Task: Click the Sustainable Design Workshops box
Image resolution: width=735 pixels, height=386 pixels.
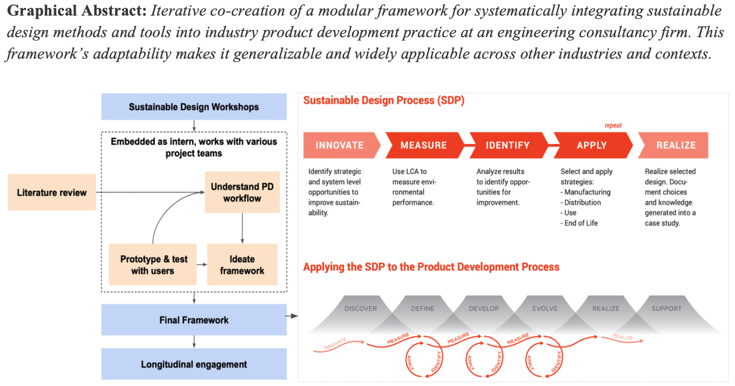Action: click(194, 107)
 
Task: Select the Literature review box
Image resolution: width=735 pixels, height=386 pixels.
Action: click(52, 193)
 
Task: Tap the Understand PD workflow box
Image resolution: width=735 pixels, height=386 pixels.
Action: click(242, 193)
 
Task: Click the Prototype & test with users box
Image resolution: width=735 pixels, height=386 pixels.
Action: click(153, 265)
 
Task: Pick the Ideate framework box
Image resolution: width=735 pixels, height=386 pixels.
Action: click(242, 265)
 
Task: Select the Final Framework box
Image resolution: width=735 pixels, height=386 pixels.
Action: click(194, 320)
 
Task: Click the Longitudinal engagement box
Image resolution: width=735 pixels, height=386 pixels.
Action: click(194, 364)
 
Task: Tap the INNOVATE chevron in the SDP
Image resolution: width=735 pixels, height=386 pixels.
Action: click(340, 145)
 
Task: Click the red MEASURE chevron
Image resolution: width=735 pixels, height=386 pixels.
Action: click(423, 145)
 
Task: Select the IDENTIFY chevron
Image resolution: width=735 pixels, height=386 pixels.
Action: click(507, 145)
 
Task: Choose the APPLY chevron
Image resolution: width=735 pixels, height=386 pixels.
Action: click(591, 145)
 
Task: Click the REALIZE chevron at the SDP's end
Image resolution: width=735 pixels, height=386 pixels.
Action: click(675, 145)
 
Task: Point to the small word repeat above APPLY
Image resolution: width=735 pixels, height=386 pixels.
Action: click(613, 126)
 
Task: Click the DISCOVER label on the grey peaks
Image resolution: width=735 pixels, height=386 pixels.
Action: click(361, 309)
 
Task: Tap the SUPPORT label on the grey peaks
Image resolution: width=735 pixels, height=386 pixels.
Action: click(666, 309)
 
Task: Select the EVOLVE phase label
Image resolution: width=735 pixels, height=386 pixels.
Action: click(545, 309)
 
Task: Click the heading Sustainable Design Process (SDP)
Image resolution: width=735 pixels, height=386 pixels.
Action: click(384, 100)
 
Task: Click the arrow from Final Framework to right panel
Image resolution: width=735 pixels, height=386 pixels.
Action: click(292, 316)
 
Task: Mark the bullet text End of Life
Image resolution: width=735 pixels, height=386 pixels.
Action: click(581, 223)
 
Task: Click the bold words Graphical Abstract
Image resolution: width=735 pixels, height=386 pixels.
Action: click(77, 11)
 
